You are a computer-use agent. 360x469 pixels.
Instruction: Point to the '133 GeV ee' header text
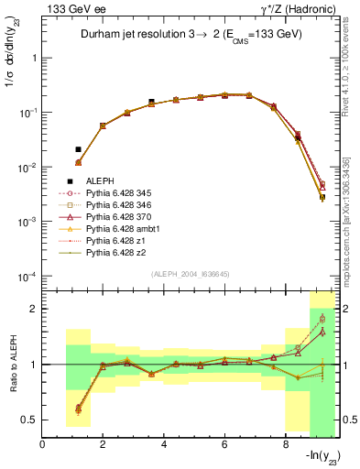click(x=70, y=8)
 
